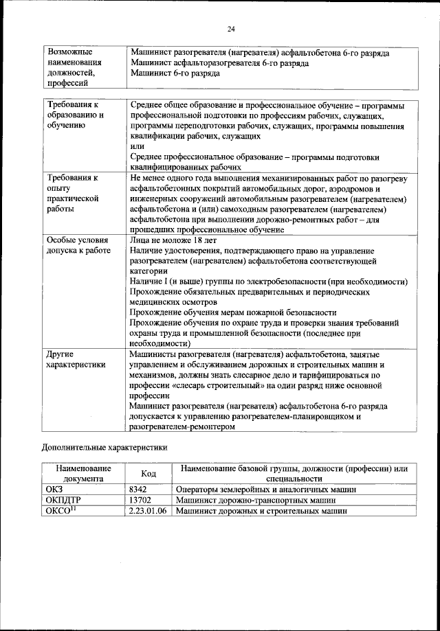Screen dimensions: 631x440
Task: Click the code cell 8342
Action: [140, 490]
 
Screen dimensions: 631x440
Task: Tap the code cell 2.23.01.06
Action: [149, 511]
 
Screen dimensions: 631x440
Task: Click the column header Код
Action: [148, 474]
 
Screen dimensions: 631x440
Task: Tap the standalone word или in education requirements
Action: [137, 146]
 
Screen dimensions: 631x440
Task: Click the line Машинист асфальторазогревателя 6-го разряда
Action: [219, 63]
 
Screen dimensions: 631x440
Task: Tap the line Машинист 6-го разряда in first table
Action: [175, 73]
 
